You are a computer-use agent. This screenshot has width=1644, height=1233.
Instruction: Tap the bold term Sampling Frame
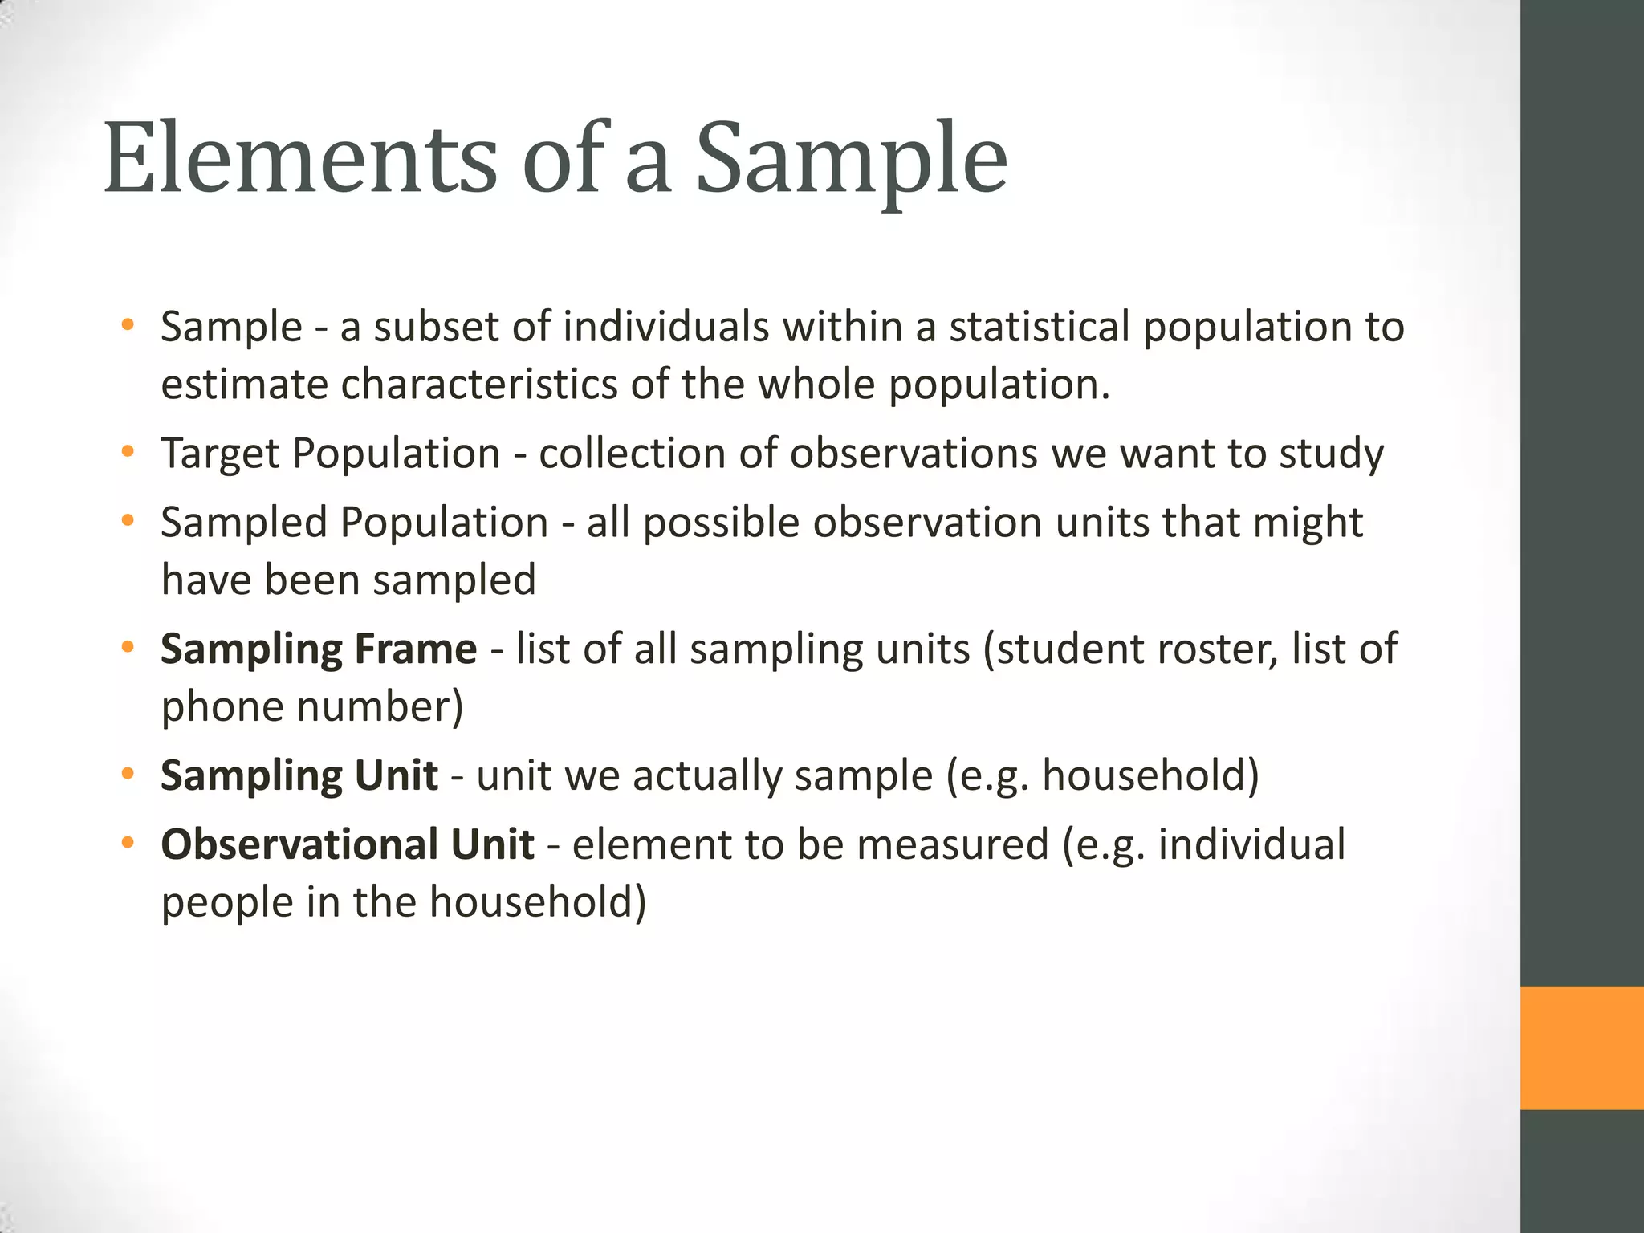[x=319, y=649]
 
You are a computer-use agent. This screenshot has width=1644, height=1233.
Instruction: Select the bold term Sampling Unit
[x=299, y=775]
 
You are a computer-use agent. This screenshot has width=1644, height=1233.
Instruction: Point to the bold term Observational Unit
[x=348, y=844]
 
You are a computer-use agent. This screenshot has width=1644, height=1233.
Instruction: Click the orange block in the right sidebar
[x=1581, y=1048]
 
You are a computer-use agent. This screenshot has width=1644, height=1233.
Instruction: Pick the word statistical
[x=1040, y=328]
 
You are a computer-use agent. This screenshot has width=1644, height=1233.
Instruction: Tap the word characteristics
[x=479, y=385]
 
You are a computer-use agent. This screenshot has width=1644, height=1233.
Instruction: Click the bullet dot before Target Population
[x=127, y=453]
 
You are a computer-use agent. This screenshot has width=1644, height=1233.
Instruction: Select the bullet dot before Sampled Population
[x=127, y=522]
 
